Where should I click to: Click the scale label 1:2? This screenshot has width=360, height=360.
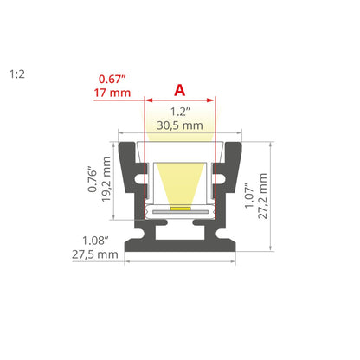pos(17,74)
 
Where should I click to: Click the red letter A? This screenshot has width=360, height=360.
pos(180,90)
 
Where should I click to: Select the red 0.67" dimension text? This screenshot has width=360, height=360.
pos(112,79)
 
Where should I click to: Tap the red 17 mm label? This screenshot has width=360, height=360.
pos(112,93)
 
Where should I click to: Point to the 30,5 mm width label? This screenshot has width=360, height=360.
pos(180,125)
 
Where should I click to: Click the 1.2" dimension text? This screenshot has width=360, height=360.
pos(181,112)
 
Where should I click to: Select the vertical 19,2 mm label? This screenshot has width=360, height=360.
pos(106,179)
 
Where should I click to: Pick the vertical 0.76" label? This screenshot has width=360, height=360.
pos(93,179)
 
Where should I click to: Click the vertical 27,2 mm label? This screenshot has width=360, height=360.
pos(263,196)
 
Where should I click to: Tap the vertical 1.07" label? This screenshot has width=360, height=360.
pos(249,196)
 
